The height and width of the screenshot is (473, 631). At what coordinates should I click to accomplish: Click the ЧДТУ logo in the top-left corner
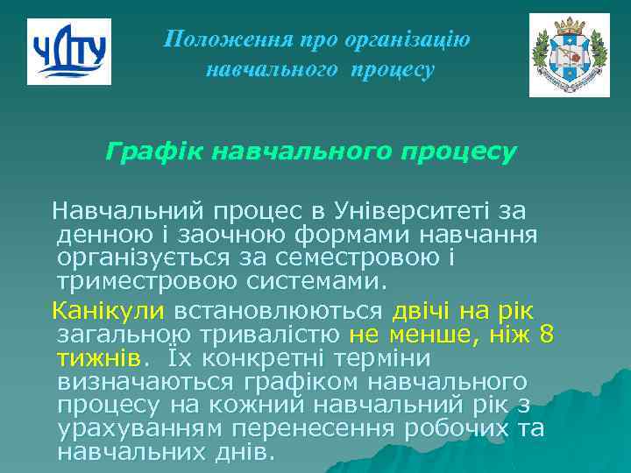(x=68, y=51)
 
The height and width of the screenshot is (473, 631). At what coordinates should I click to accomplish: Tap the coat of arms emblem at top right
(x=569, y=54)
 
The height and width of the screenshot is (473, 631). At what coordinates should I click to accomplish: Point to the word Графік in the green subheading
(x=145, y=152)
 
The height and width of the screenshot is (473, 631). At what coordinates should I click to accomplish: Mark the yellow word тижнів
(x=97, y=359)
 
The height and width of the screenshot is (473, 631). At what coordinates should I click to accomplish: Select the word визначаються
(x=144, y=383)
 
